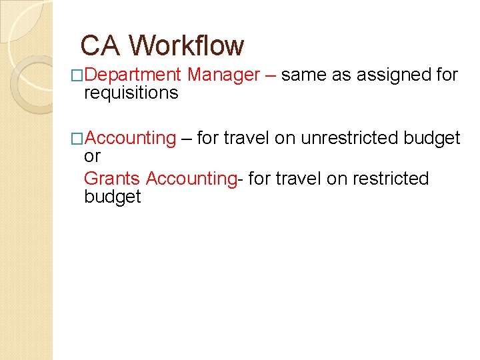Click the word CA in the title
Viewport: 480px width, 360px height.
click(101, 45)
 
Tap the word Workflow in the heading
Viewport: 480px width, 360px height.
click(187, 45)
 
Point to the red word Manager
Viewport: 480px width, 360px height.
click(223, 75)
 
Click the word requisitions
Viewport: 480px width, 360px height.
click(131, 93)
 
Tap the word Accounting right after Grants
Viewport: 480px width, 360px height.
click(191, 179)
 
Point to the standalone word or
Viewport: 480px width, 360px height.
click(92, 157)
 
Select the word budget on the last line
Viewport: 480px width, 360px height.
click(113, 197)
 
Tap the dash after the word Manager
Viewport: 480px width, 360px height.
click(269, 75)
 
